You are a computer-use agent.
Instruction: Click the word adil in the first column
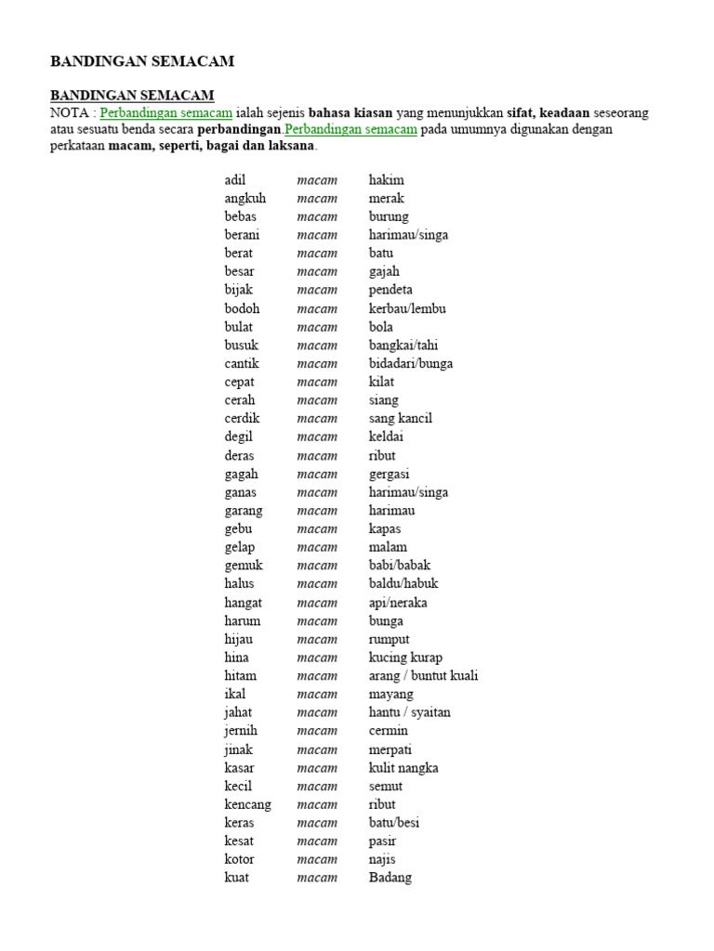tap(235, 179)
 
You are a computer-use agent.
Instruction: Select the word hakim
tap(386, 179)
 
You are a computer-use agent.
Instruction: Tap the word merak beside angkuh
tap(386, 198)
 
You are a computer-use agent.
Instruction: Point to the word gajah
tap(384, 271)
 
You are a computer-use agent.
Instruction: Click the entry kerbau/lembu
tap(406, 308)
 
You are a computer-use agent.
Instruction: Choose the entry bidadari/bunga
tap(410, 363)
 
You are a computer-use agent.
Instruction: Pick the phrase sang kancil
tap(400, 418)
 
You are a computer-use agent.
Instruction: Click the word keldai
tap(386, 436)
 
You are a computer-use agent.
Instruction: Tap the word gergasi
tap(389, 474)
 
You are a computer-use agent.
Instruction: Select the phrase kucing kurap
tap(405, 658)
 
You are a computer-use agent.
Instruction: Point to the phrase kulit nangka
tap(403, 768)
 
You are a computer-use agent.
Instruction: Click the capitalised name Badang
tap(390, 878)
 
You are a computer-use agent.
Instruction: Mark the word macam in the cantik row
tap(317, 363)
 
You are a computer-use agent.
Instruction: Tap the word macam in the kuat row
tap(317, 878)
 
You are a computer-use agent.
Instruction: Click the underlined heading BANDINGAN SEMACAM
tap(132, 95)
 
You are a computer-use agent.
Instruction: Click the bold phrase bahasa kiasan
tap(350, 112)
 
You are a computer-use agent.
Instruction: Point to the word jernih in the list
tap(239, 731)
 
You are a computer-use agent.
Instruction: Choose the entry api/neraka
tap(398, 602)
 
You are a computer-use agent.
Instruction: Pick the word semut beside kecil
tap(386, 786)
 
